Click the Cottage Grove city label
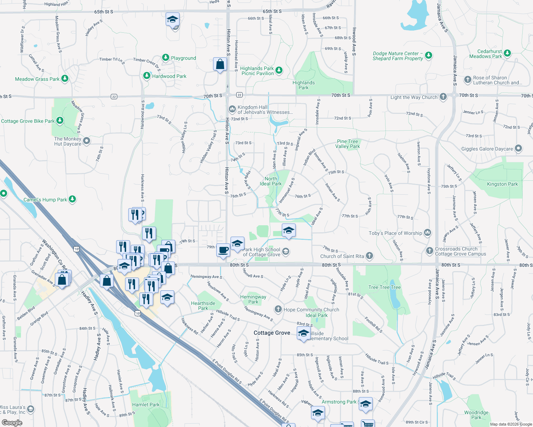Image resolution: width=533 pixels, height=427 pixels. point(272,333)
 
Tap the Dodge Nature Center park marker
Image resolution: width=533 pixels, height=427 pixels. point(429,55)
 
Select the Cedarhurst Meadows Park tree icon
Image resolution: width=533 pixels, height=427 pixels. point(507,53)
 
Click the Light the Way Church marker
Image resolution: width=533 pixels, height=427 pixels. point(443,96)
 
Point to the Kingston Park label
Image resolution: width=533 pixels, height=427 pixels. point(502,184)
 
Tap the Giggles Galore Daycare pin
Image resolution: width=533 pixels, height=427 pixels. point(518,148)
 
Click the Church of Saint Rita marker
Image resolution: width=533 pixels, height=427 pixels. point(369,255)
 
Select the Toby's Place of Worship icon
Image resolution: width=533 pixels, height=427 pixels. point(428,233)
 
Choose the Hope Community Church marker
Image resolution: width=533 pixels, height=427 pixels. point(278,309)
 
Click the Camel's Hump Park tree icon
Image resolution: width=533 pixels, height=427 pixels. point(72,199)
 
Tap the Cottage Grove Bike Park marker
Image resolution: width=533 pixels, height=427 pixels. point(60,120)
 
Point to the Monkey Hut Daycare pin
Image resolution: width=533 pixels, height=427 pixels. point(87,141)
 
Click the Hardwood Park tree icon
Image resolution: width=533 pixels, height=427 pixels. point(146,75)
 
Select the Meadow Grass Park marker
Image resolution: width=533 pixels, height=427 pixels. point(65,78)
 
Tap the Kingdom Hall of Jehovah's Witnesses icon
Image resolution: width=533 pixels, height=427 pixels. point(232,109)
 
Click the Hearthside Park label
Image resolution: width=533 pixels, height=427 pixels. point(203,306)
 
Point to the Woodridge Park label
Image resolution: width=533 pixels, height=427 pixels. point(476,415)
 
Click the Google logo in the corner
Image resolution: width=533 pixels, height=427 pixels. point(12,423)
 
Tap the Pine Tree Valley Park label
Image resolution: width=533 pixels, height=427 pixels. point(347,144)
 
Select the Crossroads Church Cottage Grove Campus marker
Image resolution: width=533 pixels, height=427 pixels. point(429,251)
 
